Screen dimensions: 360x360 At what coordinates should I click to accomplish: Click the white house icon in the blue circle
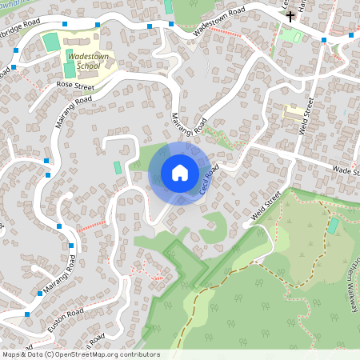tap(179, 173)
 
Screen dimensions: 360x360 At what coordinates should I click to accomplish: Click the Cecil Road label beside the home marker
tap(209, 179)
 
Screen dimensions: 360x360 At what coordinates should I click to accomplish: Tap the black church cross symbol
tap(290, 15)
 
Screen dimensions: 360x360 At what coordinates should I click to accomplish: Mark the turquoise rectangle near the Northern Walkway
tap(333, 226)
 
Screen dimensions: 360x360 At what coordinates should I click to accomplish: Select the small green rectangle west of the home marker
tap(118, 167)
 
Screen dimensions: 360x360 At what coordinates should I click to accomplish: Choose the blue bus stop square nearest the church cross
tap(324, 39)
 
